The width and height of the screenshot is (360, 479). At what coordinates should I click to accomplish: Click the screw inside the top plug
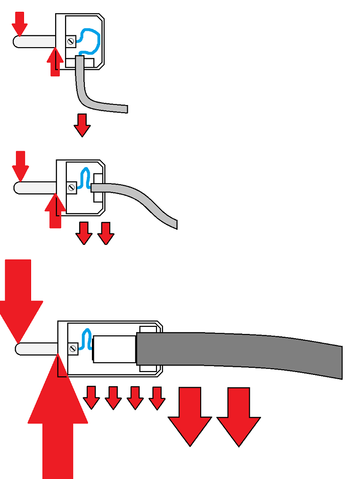[x=71, y=41]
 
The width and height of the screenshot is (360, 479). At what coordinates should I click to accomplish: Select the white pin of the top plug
[x=33, y=41]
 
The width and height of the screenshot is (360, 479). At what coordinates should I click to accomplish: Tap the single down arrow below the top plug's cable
[x=82, y=125]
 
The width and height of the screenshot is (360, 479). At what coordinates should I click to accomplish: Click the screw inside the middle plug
[x=72, y=187]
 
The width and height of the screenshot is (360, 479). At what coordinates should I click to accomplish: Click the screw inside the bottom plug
[x=73, y=349]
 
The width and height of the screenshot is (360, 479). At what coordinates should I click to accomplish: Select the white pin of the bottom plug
[x=35, y=349]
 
